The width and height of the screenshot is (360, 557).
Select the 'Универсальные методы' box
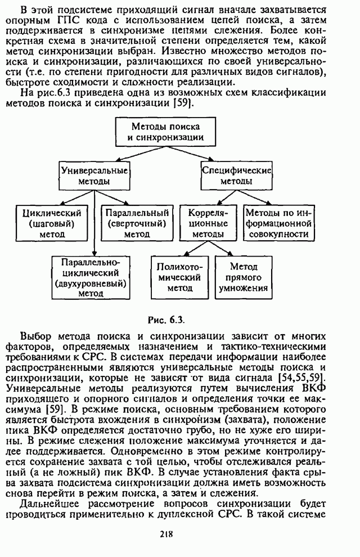point(94,176)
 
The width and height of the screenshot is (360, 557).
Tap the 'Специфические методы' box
point(236,176)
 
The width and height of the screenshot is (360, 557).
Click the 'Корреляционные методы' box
point(208,223)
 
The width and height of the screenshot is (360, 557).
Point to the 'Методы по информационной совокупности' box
point(278,223)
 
